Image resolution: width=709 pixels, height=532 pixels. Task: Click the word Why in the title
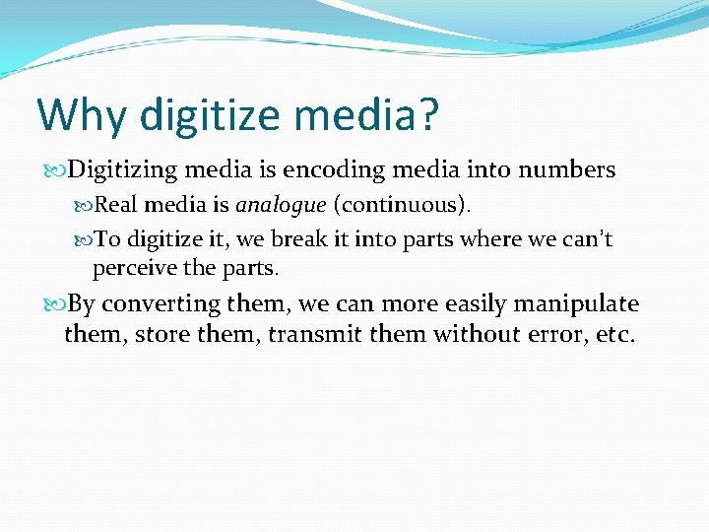81,115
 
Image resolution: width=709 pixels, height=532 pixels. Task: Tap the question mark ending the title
425,115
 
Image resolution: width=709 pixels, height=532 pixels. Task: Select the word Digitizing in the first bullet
122,170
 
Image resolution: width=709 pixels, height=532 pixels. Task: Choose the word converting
162,303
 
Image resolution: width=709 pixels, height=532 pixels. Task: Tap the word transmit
315,335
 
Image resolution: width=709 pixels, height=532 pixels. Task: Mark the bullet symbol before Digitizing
54,171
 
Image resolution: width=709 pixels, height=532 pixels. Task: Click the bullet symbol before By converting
54,304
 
